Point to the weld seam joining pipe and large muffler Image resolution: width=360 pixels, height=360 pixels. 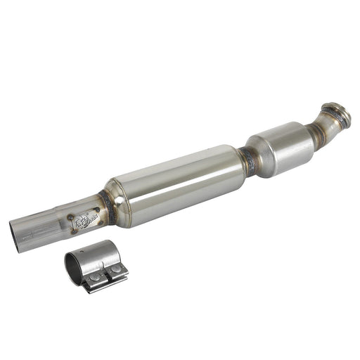(106, 204)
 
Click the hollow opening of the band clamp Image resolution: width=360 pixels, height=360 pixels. (74, 265)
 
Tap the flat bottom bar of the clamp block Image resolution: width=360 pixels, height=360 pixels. (105, 285)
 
